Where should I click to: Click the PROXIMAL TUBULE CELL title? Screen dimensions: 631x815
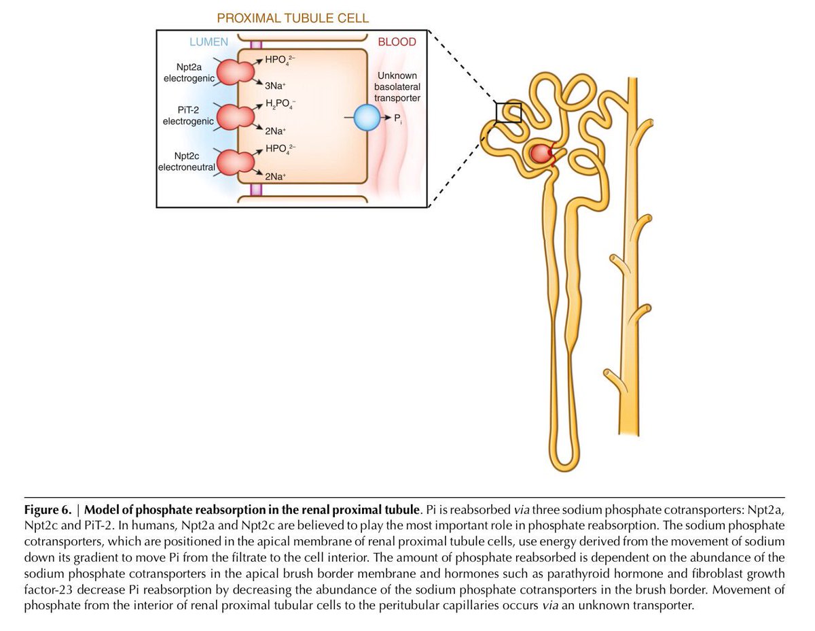click(x=293, y=18)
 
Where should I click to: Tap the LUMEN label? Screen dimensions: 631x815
click(x=208, y=42)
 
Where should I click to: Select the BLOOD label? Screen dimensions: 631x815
click(x=397, y=42)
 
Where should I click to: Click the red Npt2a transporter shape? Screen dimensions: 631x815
click(x=234, y=71)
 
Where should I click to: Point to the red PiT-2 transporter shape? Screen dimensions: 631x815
click(x=234, y=116)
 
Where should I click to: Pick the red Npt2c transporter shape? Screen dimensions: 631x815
click(x=234, y=161)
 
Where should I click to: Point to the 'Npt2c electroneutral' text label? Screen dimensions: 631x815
click(x=186, y=161)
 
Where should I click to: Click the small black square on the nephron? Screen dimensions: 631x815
click(x=508, y=112)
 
